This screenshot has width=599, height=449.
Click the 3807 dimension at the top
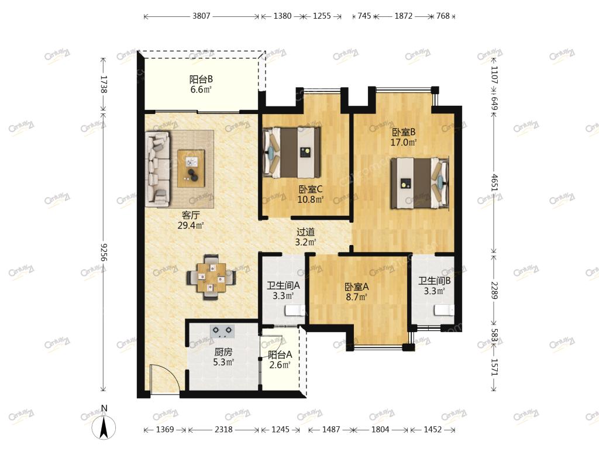point(201,16)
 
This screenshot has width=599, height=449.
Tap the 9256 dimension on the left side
point(103,253)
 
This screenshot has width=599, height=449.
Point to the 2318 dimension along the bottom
point(223,430)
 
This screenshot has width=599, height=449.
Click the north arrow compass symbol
point(103,423)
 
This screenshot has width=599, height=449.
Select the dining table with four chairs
point(211,278)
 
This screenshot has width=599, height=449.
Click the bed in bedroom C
point(291,153)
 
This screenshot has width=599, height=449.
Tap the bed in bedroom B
point(419,183)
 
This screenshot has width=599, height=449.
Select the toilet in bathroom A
point(294,310)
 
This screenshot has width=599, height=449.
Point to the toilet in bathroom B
point(444,310)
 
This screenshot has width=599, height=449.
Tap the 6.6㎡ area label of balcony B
point(201,89)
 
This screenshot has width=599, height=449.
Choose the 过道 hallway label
point(305,232)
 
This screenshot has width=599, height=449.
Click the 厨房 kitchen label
point(223,352)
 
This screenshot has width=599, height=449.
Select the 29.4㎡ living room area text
point(190,225)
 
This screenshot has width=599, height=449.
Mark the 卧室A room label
point(357,286)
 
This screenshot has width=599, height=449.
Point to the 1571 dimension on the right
point(494,367)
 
